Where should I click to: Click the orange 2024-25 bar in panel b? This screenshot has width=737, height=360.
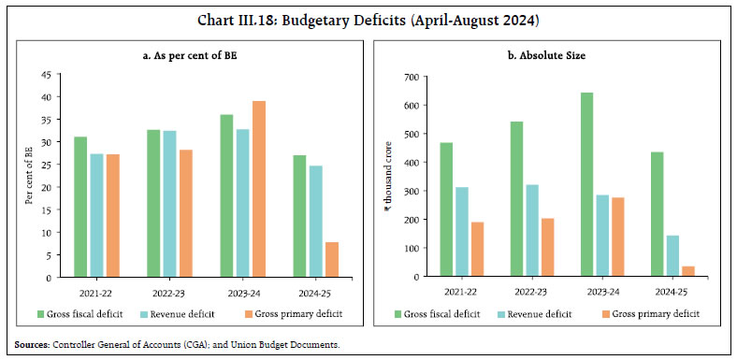[687, 271]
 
